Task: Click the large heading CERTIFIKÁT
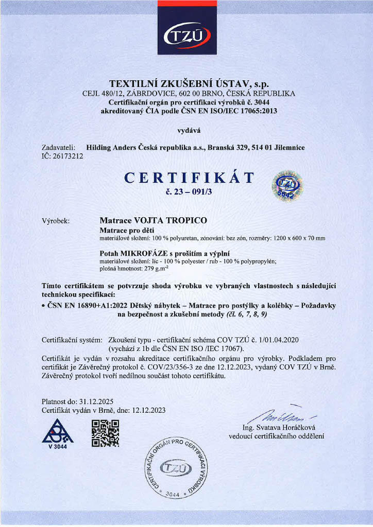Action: tap(190, 178)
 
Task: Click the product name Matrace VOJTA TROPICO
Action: tap(153, 220)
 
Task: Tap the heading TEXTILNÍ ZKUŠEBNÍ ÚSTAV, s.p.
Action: tap(189, 84)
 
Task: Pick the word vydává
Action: tap(186, 130)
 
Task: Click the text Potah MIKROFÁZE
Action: tap(131, 253)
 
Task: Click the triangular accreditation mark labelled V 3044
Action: tap(57, 433)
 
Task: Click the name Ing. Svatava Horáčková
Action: tap(279, 428)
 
